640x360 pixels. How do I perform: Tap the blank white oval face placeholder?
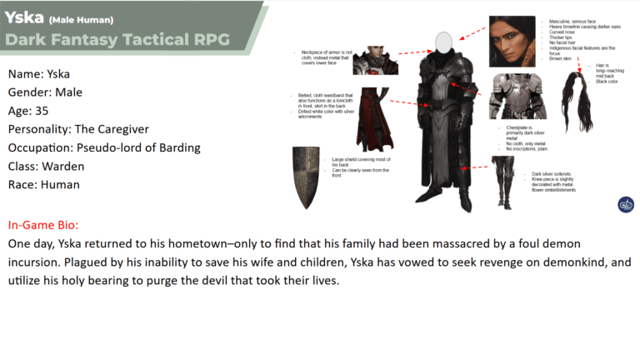coord(445,39)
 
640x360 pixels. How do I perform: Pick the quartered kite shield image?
coord(305,177)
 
